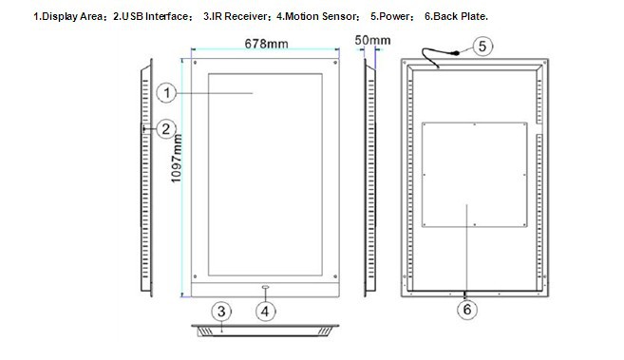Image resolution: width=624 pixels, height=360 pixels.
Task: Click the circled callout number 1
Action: (166, 93)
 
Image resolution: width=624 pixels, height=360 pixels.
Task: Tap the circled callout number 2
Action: (166, 129)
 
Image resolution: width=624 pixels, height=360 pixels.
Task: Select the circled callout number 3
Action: (221, 311)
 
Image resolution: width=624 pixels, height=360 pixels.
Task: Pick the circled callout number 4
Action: (265, 311)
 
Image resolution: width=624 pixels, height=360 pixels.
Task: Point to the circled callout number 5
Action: (482, 47)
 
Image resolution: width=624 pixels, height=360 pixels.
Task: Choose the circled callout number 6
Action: (466, 309)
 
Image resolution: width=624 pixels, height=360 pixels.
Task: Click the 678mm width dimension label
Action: (266, 44)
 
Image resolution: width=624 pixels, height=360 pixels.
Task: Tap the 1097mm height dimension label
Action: (177, 159)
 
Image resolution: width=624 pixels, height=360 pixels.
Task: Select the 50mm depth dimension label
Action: (372, 40)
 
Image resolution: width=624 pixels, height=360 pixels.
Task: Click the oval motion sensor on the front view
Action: (265, 287)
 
